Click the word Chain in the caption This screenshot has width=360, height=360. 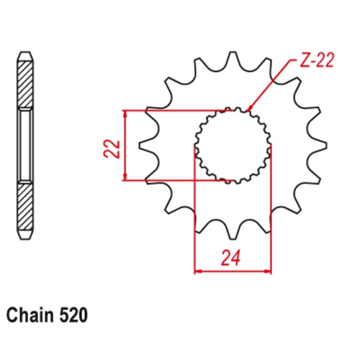[x=30, y=315]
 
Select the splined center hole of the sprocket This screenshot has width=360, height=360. [x=233, y=145]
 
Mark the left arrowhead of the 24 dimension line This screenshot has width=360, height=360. [x=198, y=271]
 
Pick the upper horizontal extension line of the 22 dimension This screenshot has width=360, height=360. [x=173, y=110]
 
